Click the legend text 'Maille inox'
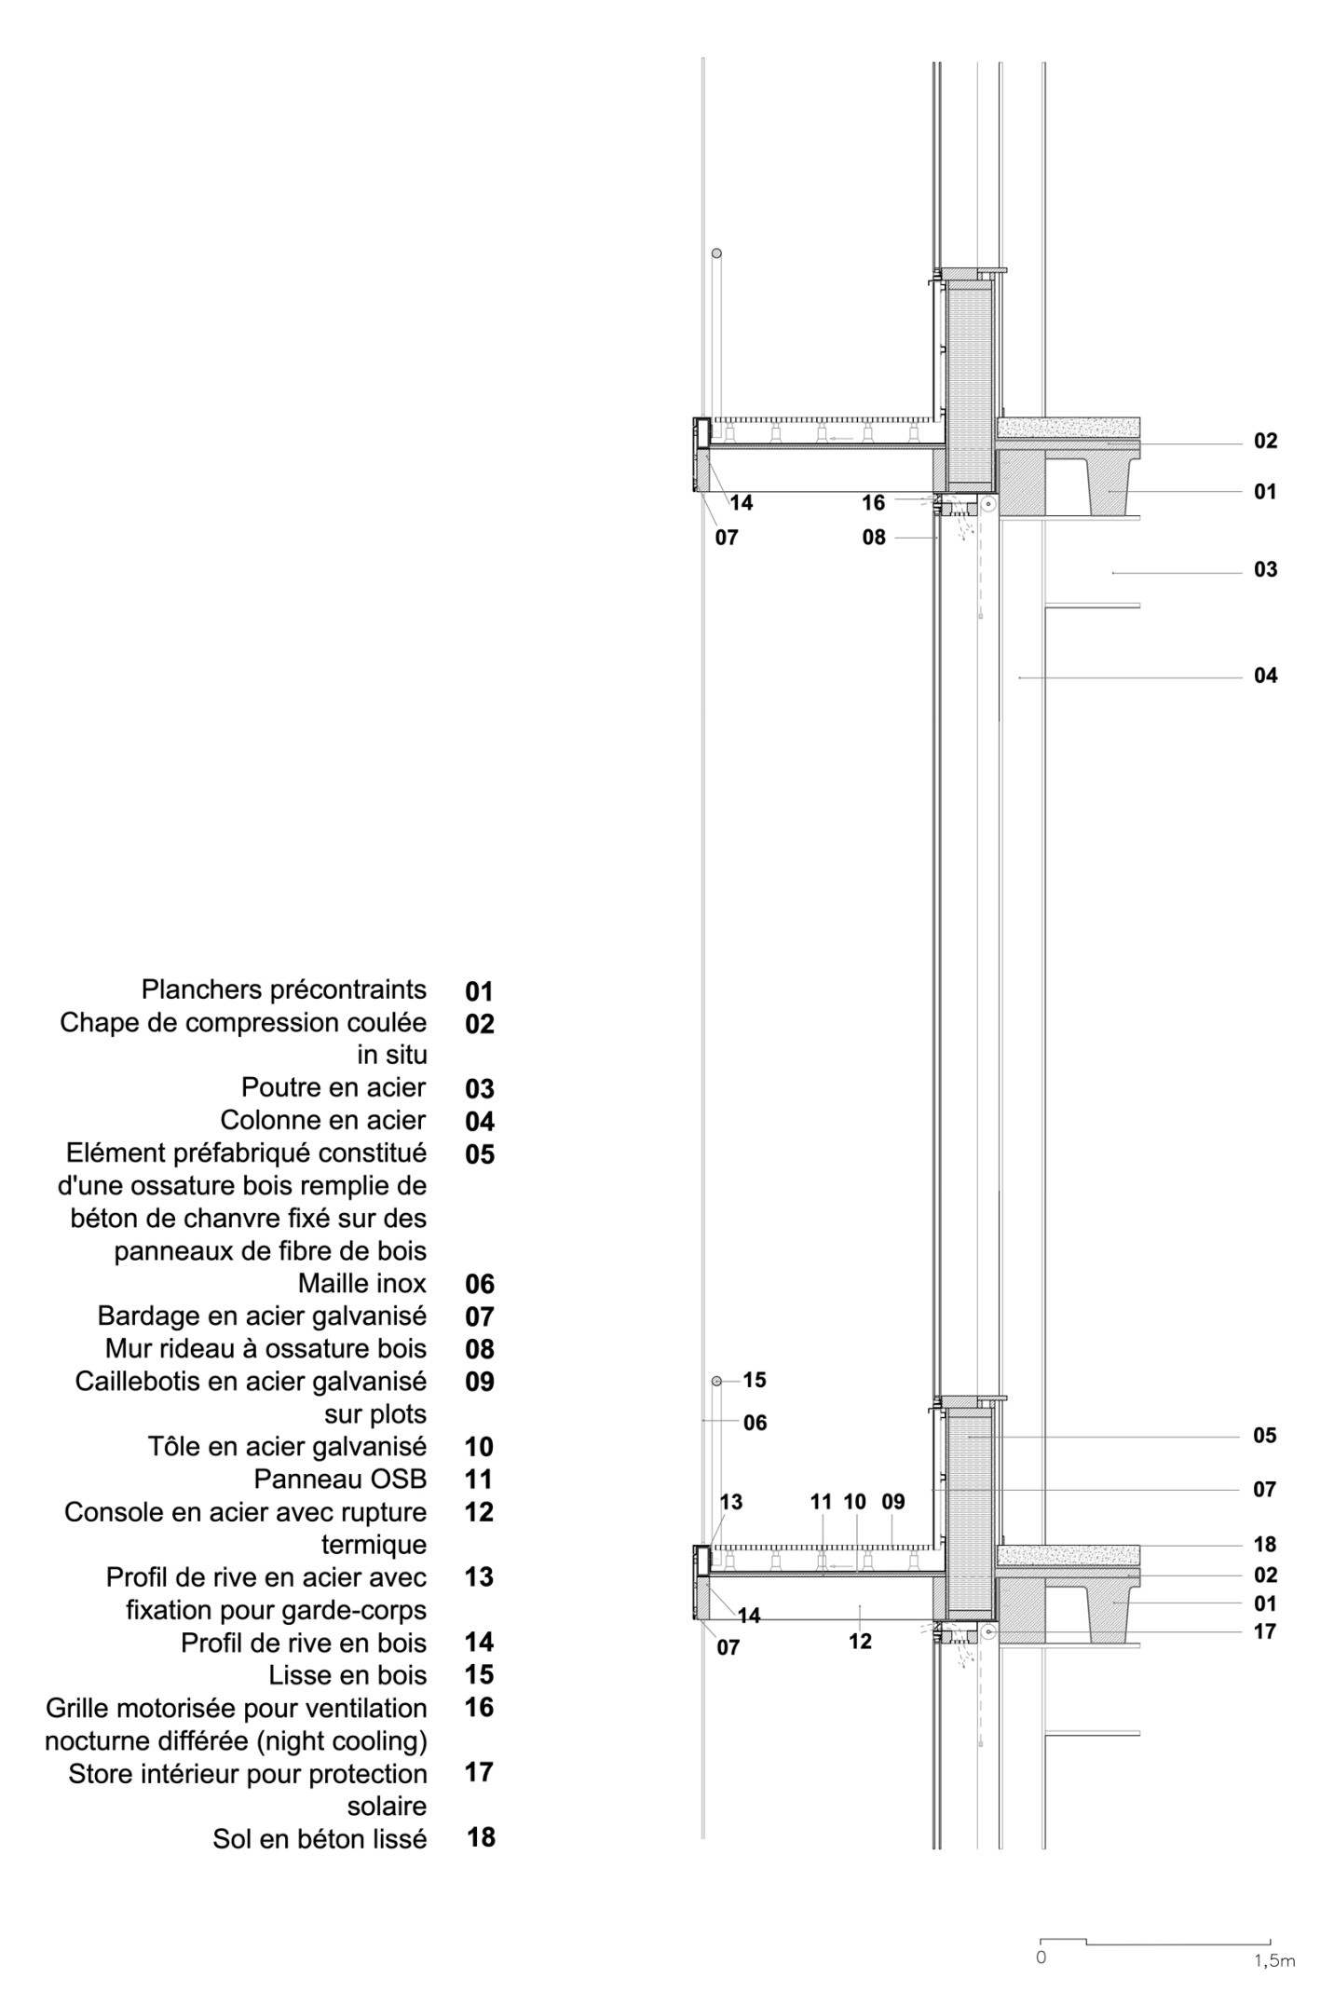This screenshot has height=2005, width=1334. click(x=361, y=1284)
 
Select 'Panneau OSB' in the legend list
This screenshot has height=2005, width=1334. click(x=340, y=1480)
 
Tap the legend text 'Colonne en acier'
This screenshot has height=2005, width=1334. click(x=322, y=1120)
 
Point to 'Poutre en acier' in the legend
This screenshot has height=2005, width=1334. click(x=333, y=1087)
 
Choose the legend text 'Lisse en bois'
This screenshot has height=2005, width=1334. click(x=347, y=1675)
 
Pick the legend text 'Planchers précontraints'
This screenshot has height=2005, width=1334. click(x=284, y=989)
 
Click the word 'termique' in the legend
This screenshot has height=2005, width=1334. click(x=374, y=1545)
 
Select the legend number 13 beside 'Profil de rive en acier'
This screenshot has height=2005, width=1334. click(x=479, y=1577)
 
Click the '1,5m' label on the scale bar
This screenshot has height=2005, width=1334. click(x=1273, y=1961)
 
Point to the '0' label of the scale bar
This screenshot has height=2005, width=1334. click(x=1041, y=1957)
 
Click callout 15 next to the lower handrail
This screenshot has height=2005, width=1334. click(x=755, y=1380)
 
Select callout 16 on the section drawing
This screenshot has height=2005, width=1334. click(x=873, y=503)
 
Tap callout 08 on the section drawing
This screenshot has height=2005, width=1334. click(x=874, y=538)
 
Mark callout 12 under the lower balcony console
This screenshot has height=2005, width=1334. click(x=860, y=1642)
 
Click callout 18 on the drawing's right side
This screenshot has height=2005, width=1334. click(x=1264, y=1545)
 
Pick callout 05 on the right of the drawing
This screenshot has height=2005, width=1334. click(x=1264, y=1436)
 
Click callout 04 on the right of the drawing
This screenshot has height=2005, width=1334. click(x=1265, y=675)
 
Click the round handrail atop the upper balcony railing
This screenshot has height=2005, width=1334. click(x=716, y=253)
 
